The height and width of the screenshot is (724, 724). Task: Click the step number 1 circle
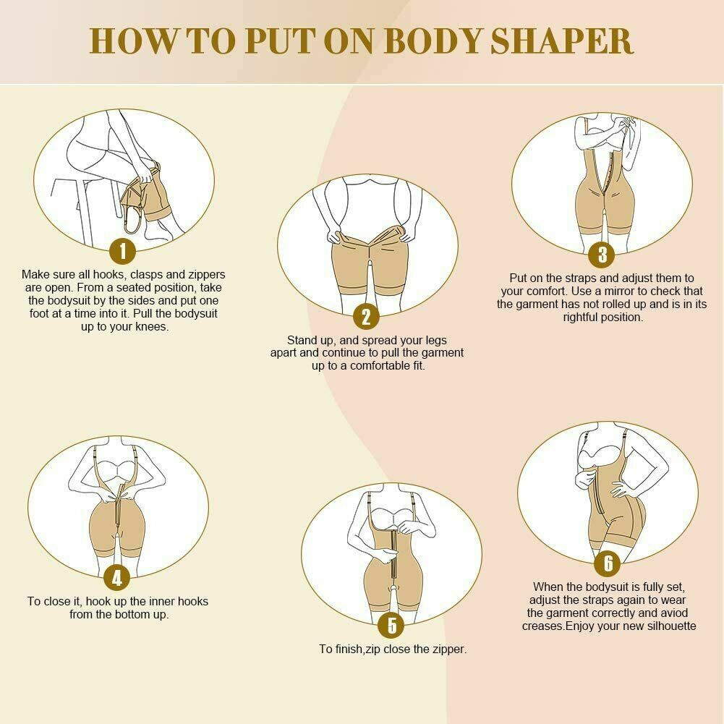[x=123, y=251]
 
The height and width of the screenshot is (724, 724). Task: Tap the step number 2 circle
[x=367, y=316]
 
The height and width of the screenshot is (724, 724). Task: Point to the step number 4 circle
[x=117, y=578]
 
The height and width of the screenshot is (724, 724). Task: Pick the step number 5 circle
[x=392, y=624]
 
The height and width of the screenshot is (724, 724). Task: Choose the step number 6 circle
[x=608, y=563]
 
